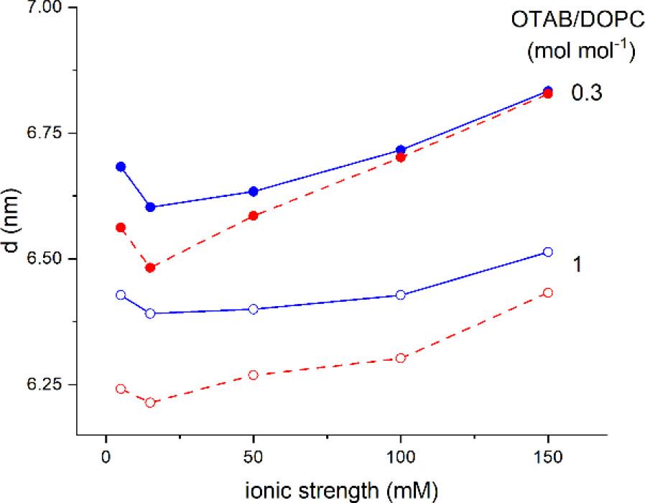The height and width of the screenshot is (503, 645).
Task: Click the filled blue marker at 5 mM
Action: pyautogui.click(x=121, y=167)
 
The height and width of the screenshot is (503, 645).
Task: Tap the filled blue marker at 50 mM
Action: pyautogui.click(x=253, y=191)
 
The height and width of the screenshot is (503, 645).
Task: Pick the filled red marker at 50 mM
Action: pyautogui.click(x=253, y=216)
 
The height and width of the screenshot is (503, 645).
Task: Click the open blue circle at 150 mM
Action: pyautogui.click(x=548, y=252)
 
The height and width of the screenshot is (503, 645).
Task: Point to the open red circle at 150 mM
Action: pyautogui.click(x=548, y=292)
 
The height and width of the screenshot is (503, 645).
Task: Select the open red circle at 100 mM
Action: pyautogui.click(x=401, y=358)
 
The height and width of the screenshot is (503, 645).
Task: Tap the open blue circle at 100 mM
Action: pyautogui.click(x=401, y=295)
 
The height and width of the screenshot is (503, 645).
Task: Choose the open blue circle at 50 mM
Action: pyautogui.click(x=253, y=309)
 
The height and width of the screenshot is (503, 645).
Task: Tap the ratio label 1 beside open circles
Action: pyautogui.click(x=577, y=264)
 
